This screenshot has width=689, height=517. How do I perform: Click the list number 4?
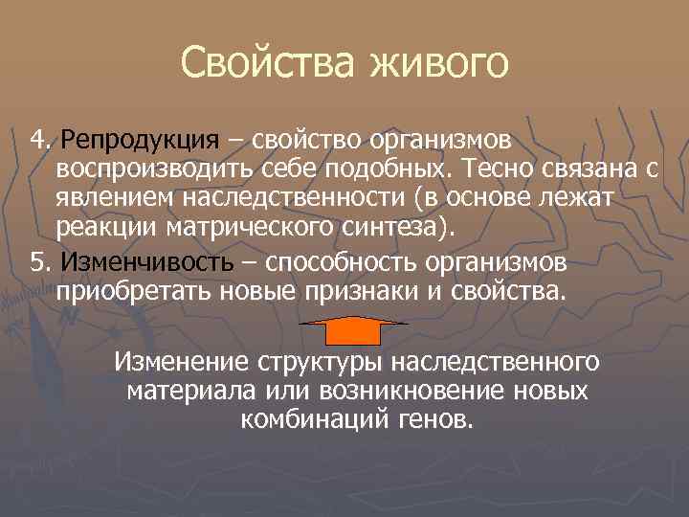pos(37,141)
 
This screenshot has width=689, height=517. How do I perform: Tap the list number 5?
pos(37,262)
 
